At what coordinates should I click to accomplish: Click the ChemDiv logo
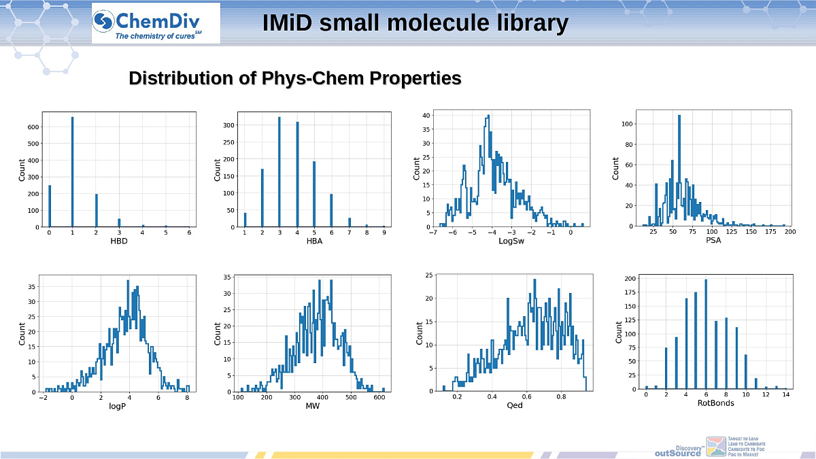pos(156,23)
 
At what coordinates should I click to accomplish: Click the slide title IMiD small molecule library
pos(415,23)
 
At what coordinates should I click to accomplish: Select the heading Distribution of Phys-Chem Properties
pos(295,78)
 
